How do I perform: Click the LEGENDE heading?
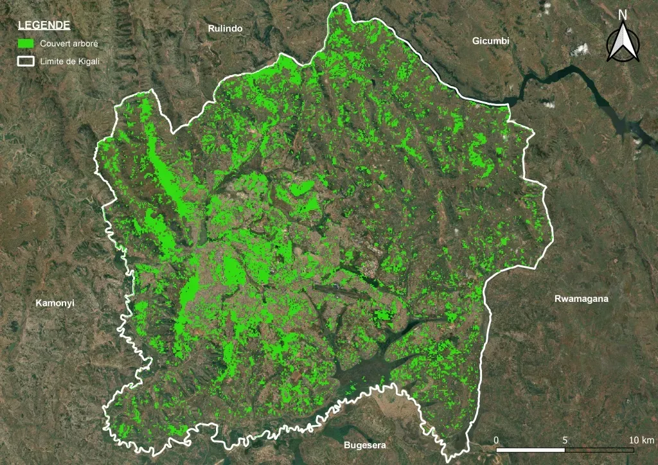pos(44,25)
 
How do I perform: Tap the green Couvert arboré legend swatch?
pos(26,44)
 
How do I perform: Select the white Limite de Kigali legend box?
pos(26,61)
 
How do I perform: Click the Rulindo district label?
pos(224,28)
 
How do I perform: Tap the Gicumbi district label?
pos(490,40)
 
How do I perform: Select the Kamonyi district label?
pos(55,303)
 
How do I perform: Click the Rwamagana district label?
pos(581,299)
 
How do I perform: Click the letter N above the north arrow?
pos(622,15)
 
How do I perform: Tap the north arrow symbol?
pos(622,43)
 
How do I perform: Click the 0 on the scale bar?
pos(496,440)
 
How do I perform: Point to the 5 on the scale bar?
pos(565,440)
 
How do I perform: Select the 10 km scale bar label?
pos(641,440)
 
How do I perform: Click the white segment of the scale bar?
pos(531,449)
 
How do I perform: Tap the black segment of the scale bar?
pos(599,449)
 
